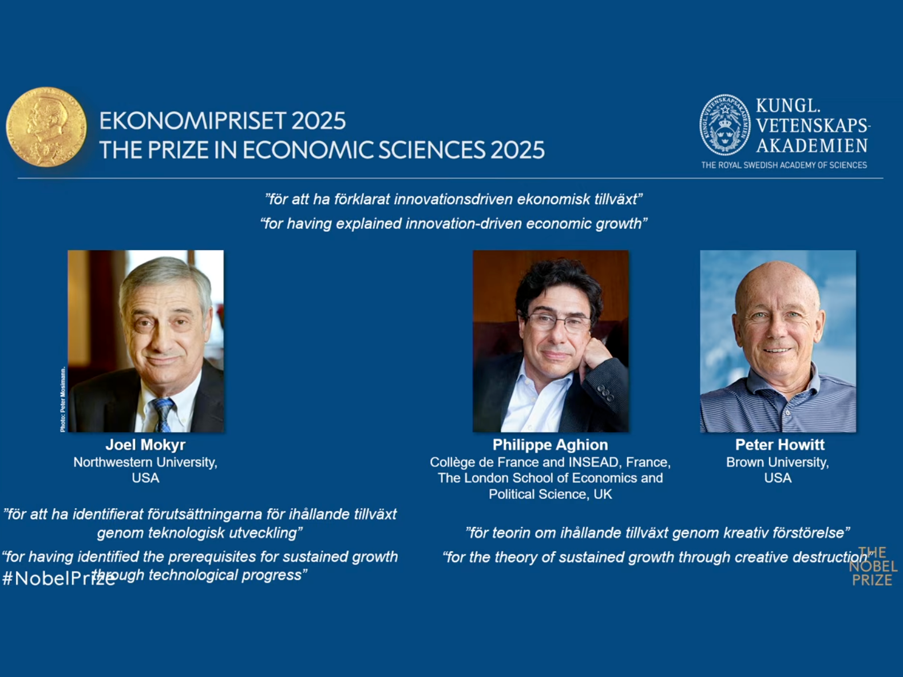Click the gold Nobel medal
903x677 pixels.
[x=46, y=126]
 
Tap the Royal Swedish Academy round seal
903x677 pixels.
[x=725, y=125]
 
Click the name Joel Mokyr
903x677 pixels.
[x=145, y=445]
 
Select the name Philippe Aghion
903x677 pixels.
[x=550, y=445]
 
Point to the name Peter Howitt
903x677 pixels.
[x=780, y=445]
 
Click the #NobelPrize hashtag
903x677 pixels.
[x=58, y=579]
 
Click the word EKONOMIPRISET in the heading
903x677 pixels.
[x=192, y=121]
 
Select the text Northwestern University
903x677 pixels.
[x=145, y=462]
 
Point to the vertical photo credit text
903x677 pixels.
[x=62, y=399]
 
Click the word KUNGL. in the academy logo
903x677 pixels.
[x=788, y=106]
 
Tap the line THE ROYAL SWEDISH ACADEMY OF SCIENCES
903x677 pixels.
[x=784, y=165]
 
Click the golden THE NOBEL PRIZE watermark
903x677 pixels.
[x=873, y=567]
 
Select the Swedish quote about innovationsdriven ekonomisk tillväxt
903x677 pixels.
[x=453, y=200]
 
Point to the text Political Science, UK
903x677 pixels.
[x=550, y=494]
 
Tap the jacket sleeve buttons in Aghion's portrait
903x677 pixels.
[x=605, y=393]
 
